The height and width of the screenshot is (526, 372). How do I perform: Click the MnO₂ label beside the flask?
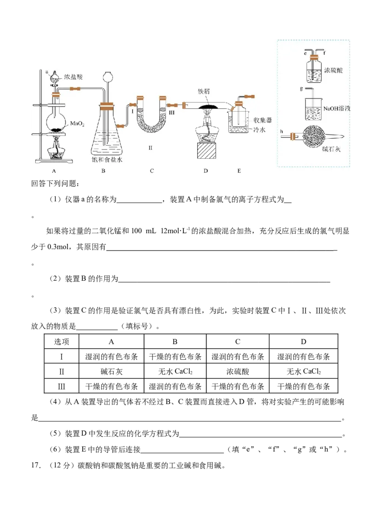[77, 123]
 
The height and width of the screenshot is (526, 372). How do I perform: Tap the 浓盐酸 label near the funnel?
[73, 77]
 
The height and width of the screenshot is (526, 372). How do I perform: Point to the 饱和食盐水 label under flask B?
[107, 160]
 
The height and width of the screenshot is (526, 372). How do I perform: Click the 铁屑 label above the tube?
[204, 91]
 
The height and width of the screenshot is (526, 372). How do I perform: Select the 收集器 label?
[262, 121]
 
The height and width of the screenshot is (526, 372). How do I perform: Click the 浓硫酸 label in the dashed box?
[333, 70]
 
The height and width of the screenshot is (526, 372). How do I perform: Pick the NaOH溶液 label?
[337, 108]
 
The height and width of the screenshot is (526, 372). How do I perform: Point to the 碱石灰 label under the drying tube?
[331, 149]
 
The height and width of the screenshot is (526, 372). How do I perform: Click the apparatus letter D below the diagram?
[206, 171]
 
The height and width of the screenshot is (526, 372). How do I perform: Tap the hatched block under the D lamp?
[206, 150]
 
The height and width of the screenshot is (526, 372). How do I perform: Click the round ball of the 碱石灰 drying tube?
[314, 137]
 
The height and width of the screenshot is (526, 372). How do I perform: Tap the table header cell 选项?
[62, 342]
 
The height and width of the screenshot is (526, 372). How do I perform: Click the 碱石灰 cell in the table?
[112, 371]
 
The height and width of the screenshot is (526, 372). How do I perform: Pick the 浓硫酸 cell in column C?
[238, 371]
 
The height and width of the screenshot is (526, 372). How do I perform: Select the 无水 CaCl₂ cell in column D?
[304, 371]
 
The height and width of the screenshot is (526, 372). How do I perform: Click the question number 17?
[36, 465]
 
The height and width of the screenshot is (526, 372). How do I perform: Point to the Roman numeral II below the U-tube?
[151, 148]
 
